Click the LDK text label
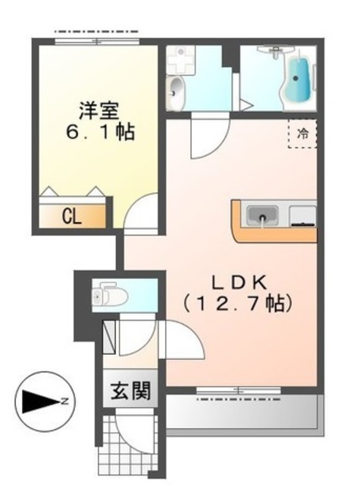(x=237, y=282)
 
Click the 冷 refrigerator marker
(x=302, y=135)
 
